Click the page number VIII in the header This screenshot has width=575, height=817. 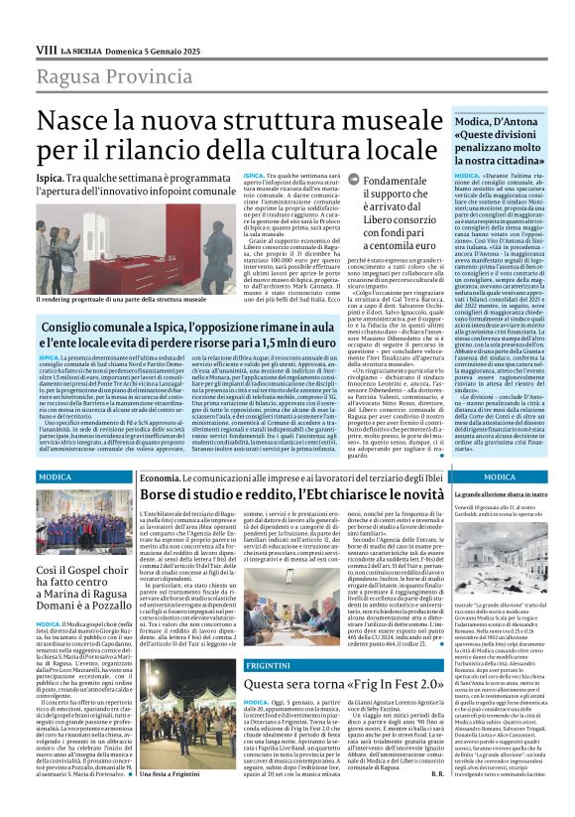coord(46,49)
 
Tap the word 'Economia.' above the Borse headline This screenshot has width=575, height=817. coord(160,477)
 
